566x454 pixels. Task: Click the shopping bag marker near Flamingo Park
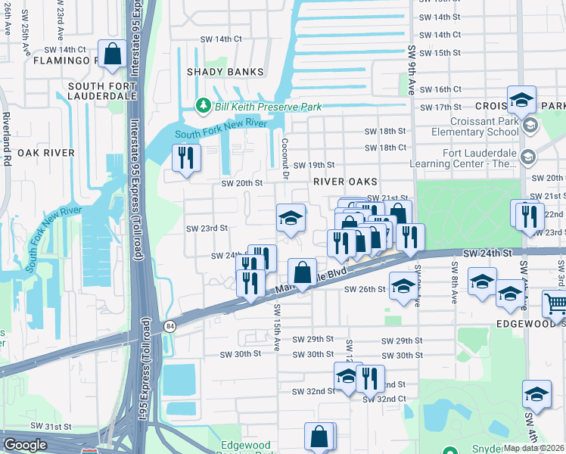[112, 55]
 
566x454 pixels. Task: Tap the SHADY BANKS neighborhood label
[225, 72]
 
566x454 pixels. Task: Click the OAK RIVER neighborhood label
[49, 153]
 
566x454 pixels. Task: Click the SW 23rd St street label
[207, 228]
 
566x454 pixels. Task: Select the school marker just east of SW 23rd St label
[291, 219]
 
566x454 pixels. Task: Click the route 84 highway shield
[169, 325]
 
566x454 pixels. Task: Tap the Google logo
[25, 445]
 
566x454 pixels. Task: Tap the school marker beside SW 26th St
[403, 287]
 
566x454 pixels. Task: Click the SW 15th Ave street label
[277, 327]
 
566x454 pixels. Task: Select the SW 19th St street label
[313, 165]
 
